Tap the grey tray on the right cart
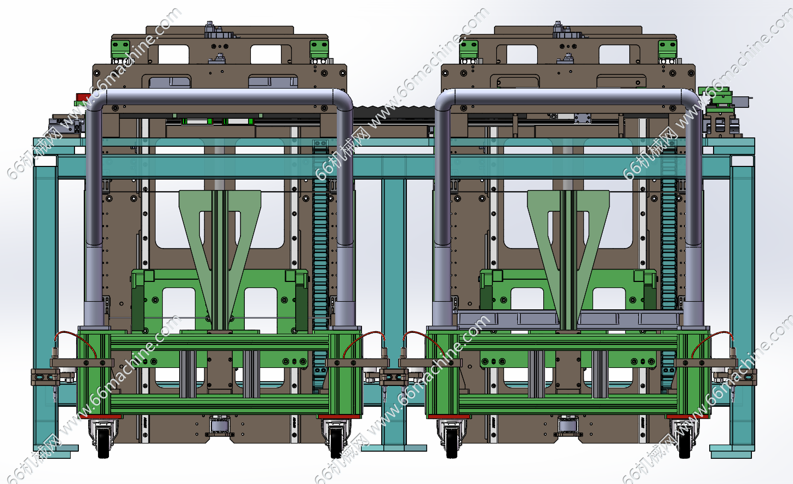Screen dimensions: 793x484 point(569,319)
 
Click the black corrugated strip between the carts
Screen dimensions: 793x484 point(394,112)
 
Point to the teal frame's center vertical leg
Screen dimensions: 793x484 point(394,312)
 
